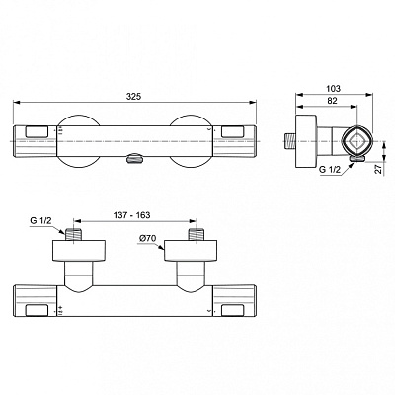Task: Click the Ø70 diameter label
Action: [149, 238]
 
